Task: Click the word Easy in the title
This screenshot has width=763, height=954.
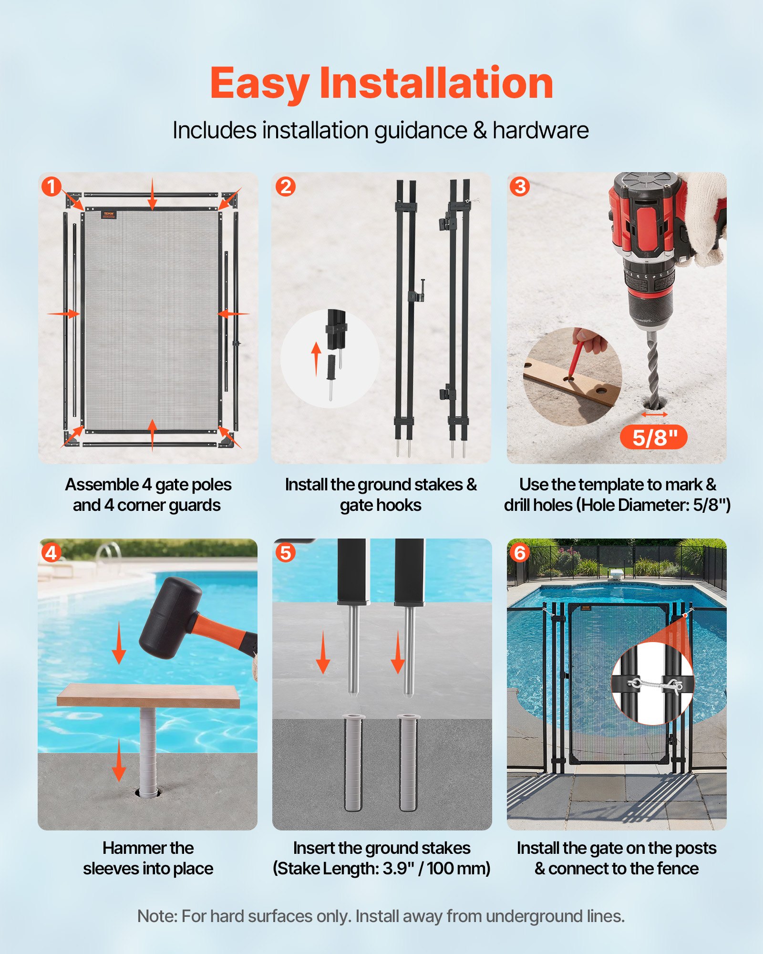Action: click(x=260, y=84)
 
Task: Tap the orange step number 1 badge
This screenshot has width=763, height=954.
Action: click(x=51, y=187)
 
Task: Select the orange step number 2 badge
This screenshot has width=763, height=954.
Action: click(x=286, y=187)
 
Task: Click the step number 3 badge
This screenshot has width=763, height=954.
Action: click(x=520, y=187)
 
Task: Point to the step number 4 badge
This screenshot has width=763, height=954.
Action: click(x=51, y=553)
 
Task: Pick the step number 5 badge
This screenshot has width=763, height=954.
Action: click(x=285, y=553)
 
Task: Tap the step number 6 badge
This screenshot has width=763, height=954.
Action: click(x=520, y=553)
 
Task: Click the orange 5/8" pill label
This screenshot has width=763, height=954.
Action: click(x=654, y=437)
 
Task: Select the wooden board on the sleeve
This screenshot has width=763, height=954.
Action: click(x=148, y=695)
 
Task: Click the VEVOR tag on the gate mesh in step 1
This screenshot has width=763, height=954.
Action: click(x=109, y=215)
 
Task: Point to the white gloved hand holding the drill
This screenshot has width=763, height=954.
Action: click(x=703, y=215)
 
